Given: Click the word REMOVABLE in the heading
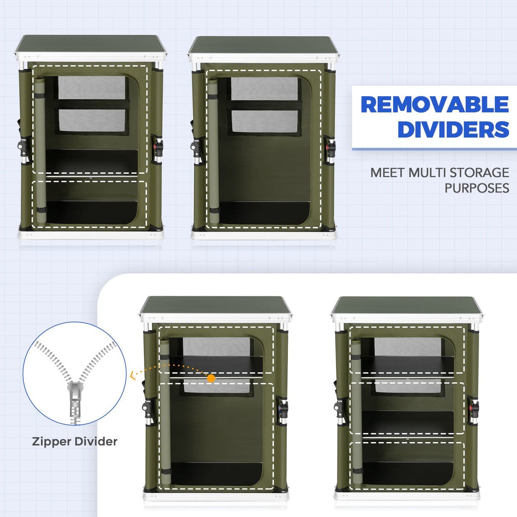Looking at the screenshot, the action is click(435, 105).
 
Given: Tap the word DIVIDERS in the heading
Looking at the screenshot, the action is click(454, 129).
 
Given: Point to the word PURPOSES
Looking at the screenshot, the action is click(477, 188).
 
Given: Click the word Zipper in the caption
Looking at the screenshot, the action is click(51, 442).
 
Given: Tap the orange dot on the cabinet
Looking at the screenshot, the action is click(211, 378).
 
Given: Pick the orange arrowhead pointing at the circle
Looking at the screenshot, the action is click(132, 375).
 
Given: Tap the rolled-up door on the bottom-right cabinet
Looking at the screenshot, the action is click(357, 411).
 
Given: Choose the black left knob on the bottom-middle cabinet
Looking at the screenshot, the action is click(146, 408).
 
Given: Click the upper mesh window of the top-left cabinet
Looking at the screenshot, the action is click(92, 87).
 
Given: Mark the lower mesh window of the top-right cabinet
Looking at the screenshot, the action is click(265, 121).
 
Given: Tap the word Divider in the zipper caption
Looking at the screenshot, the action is click(96, 441).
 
